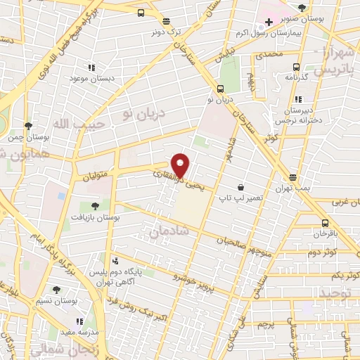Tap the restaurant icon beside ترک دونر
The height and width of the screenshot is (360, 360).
click(x=166, y=22)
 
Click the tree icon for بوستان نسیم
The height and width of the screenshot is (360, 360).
click(x=57, y=289)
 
